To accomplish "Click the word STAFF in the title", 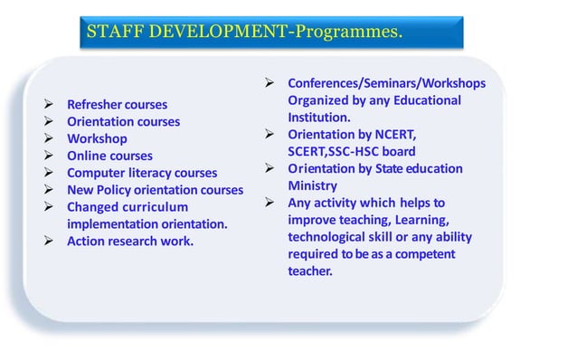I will (112, 33).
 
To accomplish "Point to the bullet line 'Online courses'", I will (109, 156).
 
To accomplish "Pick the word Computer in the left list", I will (98, 173).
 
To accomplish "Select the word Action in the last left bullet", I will (87, 242).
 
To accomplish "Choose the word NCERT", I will (393, 134).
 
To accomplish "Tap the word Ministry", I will (312, 185).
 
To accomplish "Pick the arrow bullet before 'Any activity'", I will (269, 203).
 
